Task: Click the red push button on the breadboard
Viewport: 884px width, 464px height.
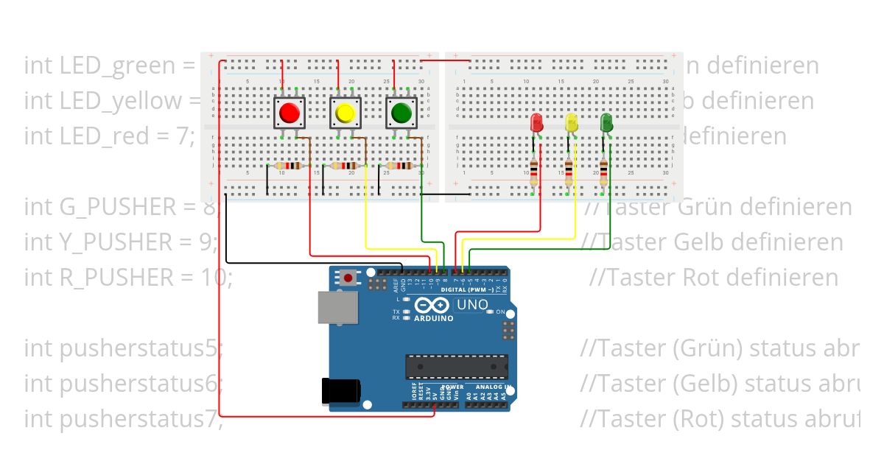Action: click(x=289, y=113)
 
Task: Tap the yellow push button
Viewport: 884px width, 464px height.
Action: click(x=345, y=113)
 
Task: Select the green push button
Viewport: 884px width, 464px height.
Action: click(x=401, y=113)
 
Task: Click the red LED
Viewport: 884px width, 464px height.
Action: click(x=536, y=122)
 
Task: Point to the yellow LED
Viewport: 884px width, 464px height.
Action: click(x=571, y=123)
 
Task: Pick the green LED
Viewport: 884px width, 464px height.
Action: click(x=606, y=122)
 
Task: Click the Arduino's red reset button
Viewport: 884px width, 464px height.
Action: click(x=348, y=278)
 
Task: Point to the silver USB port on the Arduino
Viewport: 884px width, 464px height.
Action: click(x=337, y=306)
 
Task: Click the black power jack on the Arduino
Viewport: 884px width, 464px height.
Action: click(x=340, y=390)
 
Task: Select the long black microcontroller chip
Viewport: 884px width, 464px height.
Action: click(x=457, y=365)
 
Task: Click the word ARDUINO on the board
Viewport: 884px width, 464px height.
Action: click(x=433, y=319)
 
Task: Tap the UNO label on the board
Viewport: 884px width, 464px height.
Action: click(x=472, y=305)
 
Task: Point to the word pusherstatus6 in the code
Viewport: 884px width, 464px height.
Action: click(x=122, y=384)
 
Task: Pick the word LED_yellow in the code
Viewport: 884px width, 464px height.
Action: click(x=111, y=101)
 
